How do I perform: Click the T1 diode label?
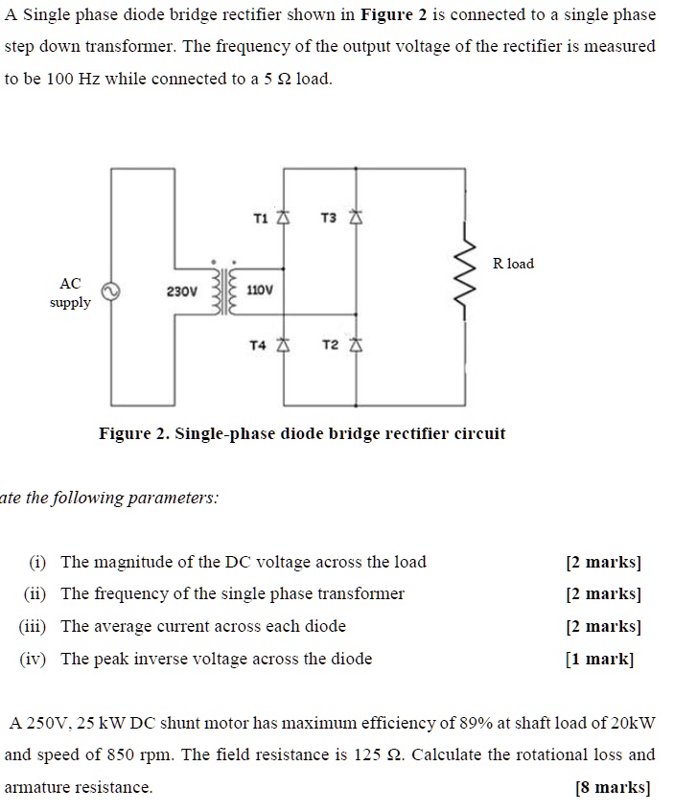(x=260, y=219)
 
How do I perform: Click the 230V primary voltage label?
(x=181, y=290)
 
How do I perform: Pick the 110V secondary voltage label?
(x=260, y=290)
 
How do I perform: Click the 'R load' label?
(x=513, y=263)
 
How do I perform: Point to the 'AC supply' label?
(x=70, y=293)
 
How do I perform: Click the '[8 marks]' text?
(x=613, y=788)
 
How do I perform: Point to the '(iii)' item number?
(x=38, y=626)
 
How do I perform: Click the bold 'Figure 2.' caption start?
(x=133, y=433)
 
